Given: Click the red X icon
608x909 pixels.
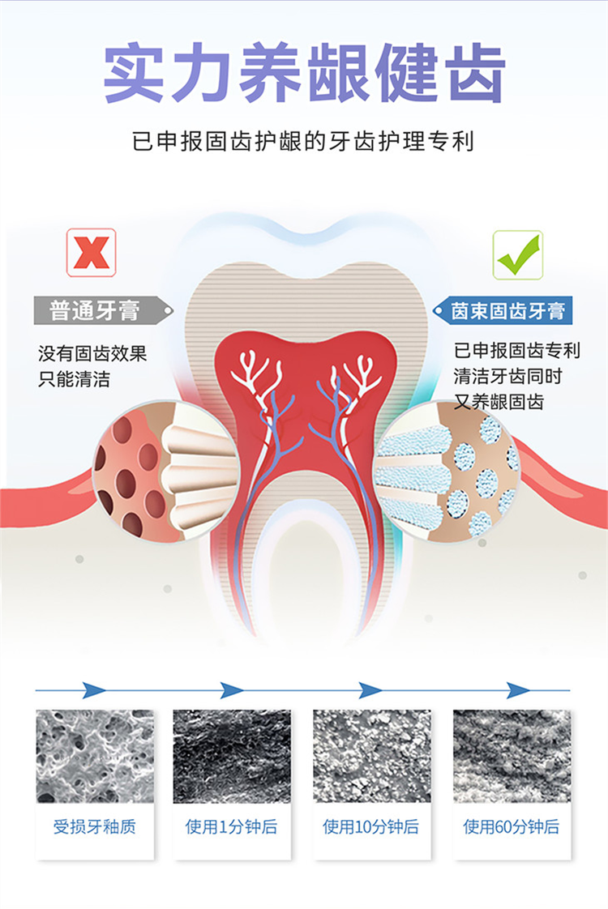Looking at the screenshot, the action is click(91, 253).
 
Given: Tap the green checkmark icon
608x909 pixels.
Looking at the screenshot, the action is click(517, 255).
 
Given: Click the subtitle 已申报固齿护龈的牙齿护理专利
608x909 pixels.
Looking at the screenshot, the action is click(303, 142).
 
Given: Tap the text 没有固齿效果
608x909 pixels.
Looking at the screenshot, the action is click(93, 353).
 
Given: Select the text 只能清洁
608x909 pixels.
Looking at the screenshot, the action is click(75, 379).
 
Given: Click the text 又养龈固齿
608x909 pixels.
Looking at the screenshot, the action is click(499, 401).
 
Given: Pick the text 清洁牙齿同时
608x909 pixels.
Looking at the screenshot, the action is click(508, 376).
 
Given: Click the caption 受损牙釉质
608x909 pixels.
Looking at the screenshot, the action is click(95, 826).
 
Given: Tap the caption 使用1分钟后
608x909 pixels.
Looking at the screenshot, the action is click(232, 826).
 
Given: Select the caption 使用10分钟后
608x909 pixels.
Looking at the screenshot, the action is click(370, 826).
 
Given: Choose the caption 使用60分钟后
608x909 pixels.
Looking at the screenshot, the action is click(511, 826).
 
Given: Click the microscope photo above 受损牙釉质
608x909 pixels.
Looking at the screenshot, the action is click(95, 756).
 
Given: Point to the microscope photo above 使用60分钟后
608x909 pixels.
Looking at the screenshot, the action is click(512, 756).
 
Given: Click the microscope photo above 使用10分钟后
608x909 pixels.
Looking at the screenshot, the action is click(372, 756).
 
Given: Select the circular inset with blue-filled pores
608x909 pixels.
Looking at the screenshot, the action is click(447, 470).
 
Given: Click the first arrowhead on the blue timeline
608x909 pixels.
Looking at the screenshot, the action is click(94, 690).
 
